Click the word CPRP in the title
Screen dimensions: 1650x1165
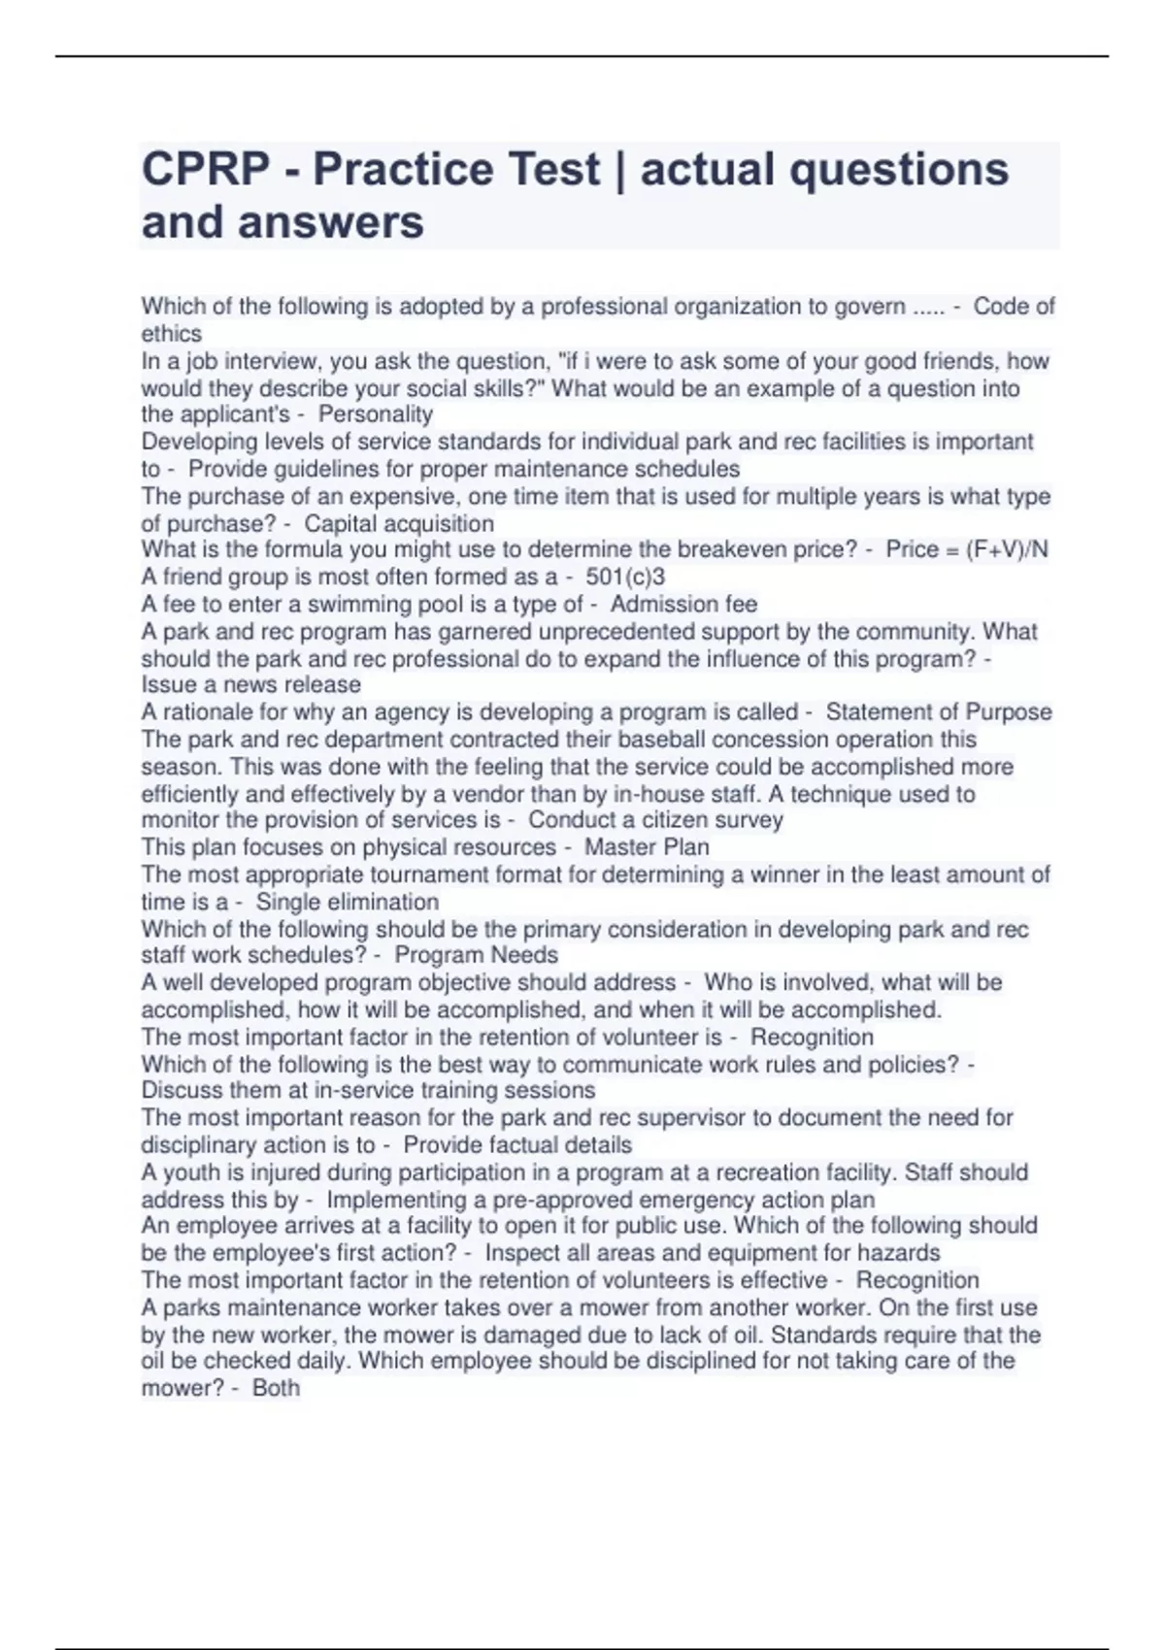(206, 170)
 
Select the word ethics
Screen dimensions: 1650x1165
(171, 334)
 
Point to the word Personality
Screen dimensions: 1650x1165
(375, 414)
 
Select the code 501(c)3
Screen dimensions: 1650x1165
(625, 577)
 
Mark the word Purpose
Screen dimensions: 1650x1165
(1009, 712)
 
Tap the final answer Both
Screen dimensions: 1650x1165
(276, 1388)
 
